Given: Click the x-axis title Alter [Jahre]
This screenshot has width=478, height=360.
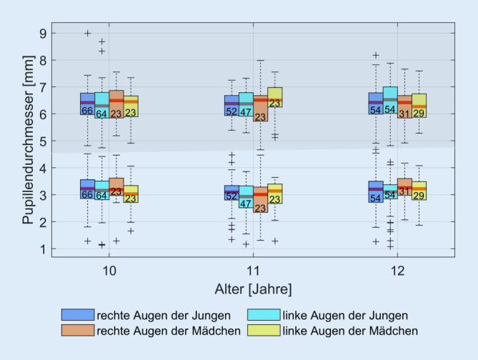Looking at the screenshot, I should click(x=253, y=289).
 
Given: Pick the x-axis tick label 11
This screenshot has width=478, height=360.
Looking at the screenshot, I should click(x=253, y=272).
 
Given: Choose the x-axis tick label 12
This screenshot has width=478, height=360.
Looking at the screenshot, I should click(x=397, y=272).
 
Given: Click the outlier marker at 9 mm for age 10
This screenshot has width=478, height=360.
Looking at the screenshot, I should click(x=88, y=33).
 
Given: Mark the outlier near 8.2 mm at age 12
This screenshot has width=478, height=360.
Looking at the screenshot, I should click(x=376, y=55).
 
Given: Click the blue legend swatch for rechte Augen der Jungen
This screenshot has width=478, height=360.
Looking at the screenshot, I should click(x=77, y=315).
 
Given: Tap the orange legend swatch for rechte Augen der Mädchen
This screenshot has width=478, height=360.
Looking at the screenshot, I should click(x=77, y=331).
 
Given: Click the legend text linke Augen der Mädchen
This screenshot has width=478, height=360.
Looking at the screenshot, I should click(x=351, y=331).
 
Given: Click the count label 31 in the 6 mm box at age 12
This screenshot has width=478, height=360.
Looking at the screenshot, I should click(x=404, y=114).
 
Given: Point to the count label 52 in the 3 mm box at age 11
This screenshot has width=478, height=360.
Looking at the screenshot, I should click(x=231, y=196).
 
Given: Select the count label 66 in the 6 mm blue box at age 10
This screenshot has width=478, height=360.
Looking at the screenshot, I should click(x=87, y=111).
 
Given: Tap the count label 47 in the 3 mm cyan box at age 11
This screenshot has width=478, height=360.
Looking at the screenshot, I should click(x=246, y=204).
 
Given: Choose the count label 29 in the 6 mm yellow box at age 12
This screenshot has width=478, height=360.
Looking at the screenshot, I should click(x=419, y=114).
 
